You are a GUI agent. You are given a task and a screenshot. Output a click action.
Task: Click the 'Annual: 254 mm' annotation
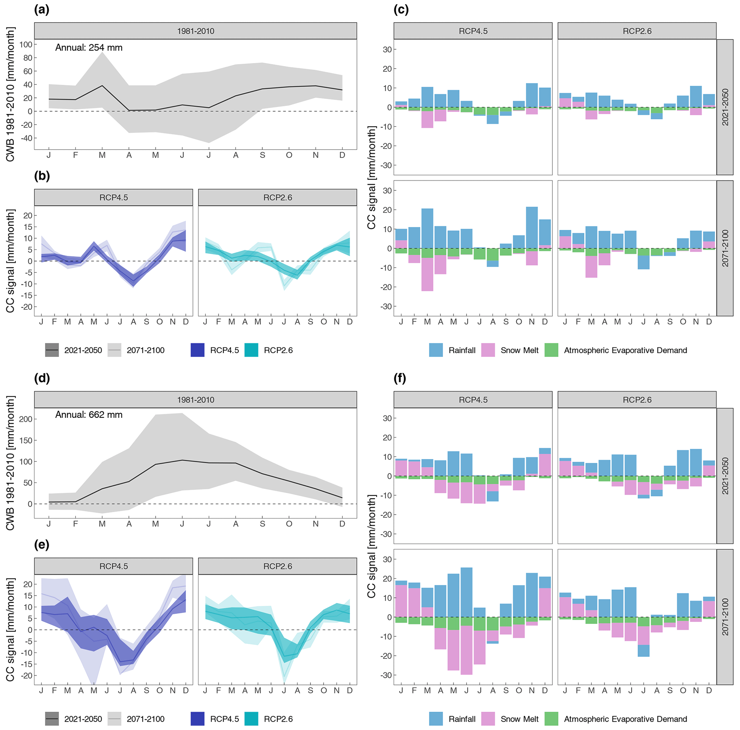click(x=89, y=48)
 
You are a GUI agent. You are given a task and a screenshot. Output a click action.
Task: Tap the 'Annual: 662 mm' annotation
click(x=89, y=415)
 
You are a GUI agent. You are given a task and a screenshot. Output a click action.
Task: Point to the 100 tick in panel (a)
click(x=26, y=44)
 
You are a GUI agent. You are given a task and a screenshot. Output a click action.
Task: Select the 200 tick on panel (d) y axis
click(x=26, y=419)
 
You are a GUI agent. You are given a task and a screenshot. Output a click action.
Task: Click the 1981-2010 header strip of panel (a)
click(x=195, y=31)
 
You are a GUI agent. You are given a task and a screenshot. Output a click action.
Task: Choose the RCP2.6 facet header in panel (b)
click(x=278, y=198)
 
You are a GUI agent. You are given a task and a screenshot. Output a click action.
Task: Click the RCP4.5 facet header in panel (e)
click(x=113, y=566)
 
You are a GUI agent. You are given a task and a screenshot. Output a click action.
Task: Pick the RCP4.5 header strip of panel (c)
click(x=473, y=31)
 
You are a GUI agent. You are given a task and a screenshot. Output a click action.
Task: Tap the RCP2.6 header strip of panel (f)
click(x=637, y=400)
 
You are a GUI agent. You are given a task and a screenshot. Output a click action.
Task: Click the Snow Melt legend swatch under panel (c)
click(x=488, y=350)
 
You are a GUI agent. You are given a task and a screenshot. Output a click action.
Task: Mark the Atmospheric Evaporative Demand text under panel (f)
click(x=625, y=719)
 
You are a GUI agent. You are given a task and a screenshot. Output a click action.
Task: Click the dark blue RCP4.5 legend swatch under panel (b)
click(x=198, y=350)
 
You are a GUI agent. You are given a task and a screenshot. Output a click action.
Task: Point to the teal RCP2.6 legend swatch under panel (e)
click(x=251, y=719)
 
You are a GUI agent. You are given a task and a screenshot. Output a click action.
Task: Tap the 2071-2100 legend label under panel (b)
click(x=146, y=350)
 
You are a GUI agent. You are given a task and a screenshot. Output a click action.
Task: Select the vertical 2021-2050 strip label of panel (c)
click(x=725, y=107)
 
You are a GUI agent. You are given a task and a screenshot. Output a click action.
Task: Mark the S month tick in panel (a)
click(x=262, y=155)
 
